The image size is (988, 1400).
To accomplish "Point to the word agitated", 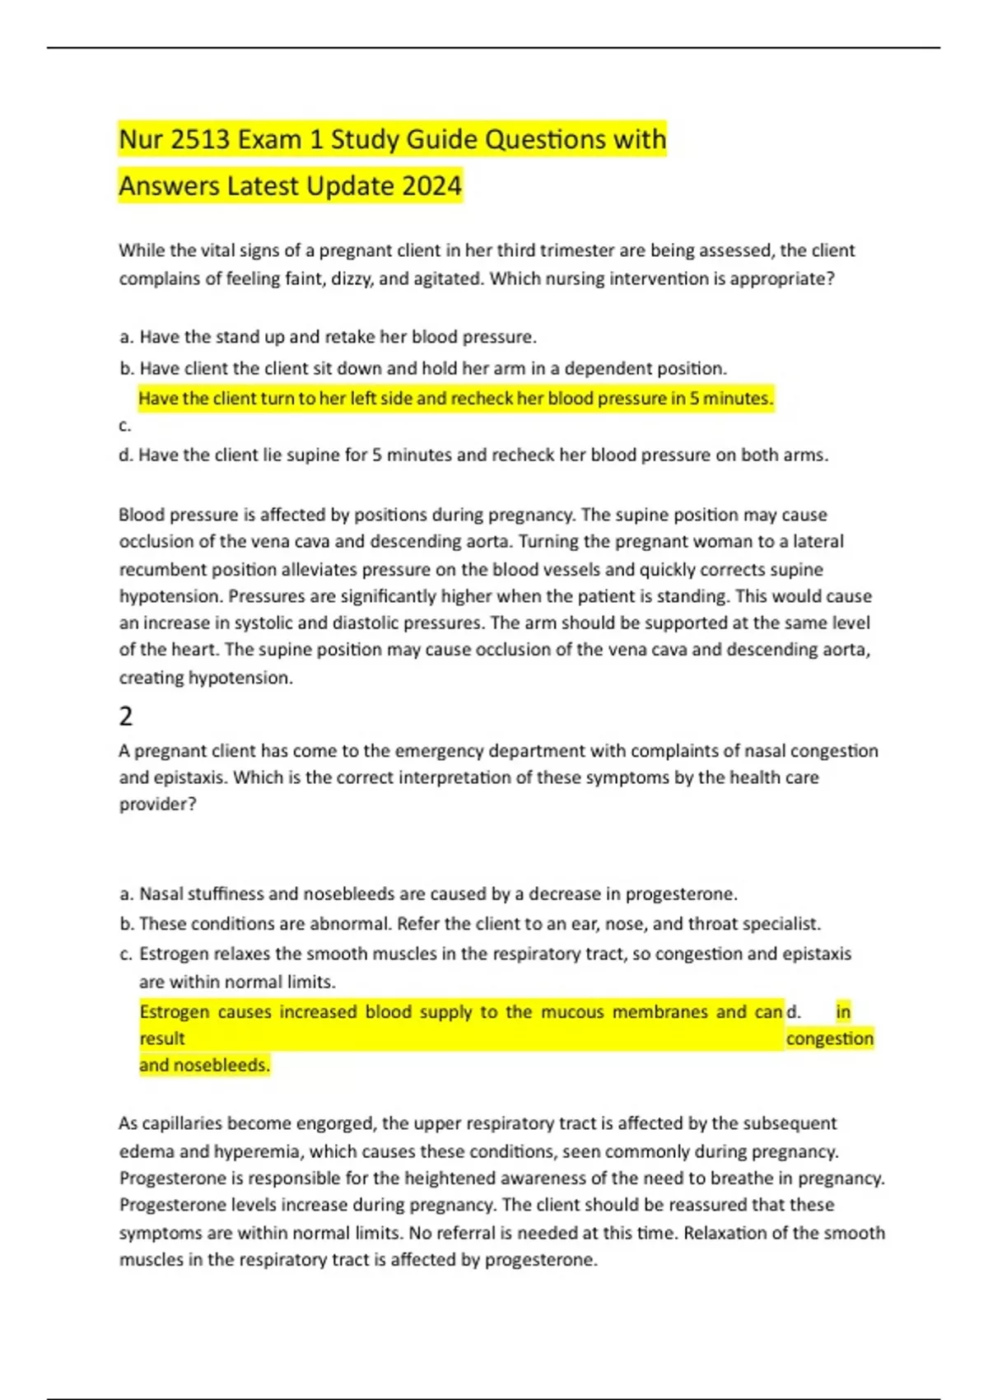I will pos(445,279).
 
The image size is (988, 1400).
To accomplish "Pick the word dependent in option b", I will pos(604,368).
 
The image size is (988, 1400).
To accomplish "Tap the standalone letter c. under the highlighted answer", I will pos(125,427).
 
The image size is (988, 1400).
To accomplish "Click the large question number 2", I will pos(126,716).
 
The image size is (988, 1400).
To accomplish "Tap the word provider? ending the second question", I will pos(158,805).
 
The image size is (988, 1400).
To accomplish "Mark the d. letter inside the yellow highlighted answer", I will pos(794,1012).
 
